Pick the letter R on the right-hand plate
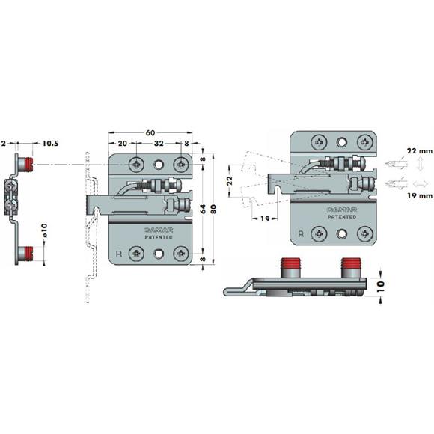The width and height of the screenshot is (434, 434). pos(300,233)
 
